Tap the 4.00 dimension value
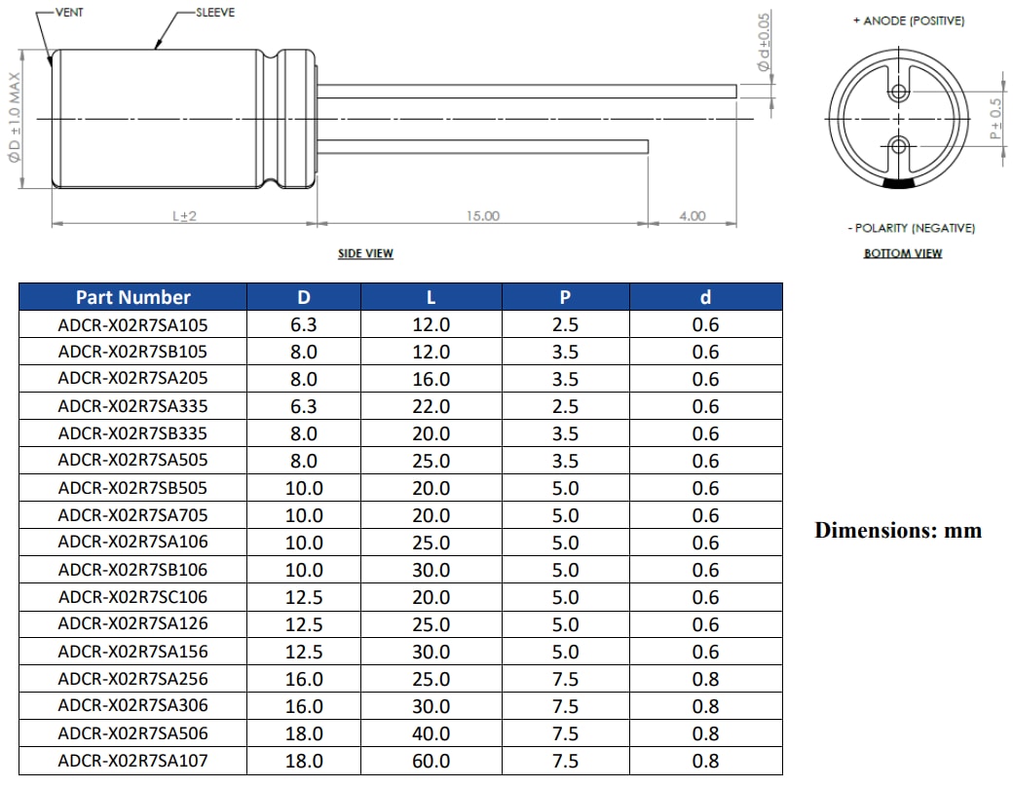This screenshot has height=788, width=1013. [692, 215]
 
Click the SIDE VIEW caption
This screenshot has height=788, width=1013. [365, 253]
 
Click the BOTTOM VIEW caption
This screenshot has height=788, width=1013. [903, 253]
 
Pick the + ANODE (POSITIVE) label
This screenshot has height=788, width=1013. [908, 20]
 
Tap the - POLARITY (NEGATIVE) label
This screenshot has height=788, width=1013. [911, 228]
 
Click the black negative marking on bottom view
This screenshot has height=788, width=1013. [899, 183]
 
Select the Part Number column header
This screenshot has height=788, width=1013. [132, 297]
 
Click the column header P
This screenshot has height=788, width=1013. [565, 297]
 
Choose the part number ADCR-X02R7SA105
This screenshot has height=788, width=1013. [132, 324]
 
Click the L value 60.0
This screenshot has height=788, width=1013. [431, 761]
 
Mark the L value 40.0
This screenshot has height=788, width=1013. [431, 733]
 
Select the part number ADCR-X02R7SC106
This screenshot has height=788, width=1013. [132, 597]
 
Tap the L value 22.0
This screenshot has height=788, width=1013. [431, 406]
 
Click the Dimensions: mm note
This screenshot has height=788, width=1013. [898, 531]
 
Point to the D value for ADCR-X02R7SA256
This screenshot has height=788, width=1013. [304, 679]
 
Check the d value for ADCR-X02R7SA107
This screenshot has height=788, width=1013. [705, 761]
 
